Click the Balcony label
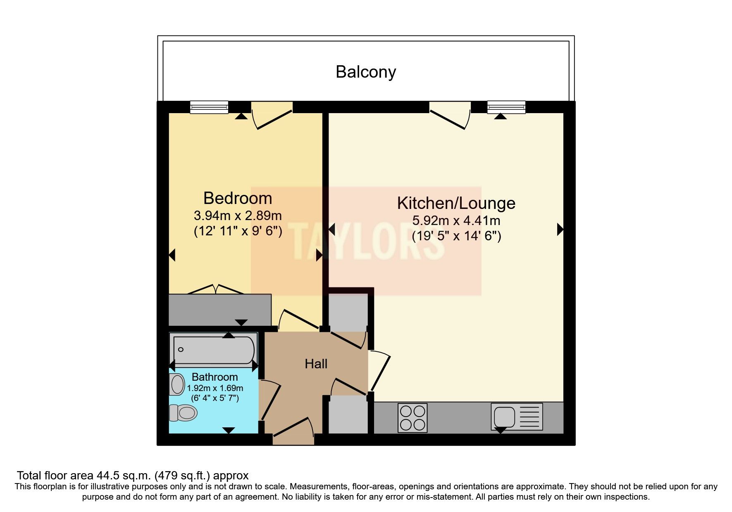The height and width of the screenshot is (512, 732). pyautogui.click(x=366, y=72)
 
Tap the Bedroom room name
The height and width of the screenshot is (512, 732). pyautogui.click(x=238, y=199)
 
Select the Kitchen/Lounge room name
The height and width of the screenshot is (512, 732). pyautogui.click(x=456, y=203)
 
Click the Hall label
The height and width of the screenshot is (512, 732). pyautogui.click(x=316, y=364)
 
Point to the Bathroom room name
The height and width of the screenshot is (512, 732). pyautogui.click(x=215, y=377)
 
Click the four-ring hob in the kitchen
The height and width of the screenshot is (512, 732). pyautogui.click(x=412, y=418)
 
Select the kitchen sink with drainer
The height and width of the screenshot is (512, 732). pyautogui.click(x=517, y=416)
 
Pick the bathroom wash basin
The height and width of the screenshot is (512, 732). pyautogui.click(x=177, y=384)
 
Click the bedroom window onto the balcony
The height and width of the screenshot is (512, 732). pyautogui.click(x=209, y=107)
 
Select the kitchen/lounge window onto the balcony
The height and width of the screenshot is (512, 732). pyautogui.click(x=506, y=107)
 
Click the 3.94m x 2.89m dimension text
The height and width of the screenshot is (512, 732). pyautogui.click(x=238, y=216)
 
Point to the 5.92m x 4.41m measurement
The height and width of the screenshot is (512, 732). pyautogui.click(x=456, y=220)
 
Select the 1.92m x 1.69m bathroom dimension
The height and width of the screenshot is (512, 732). pyautogui.click(x=215, y=388)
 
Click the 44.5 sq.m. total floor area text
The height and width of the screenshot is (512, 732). pyautogui.click(x=132, y=475)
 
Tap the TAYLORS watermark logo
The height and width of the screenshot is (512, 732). pyautogui.click(x=366, y=241)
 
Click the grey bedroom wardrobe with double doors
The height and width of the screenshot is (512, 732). pyautogui.click(x=220, y=310)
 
